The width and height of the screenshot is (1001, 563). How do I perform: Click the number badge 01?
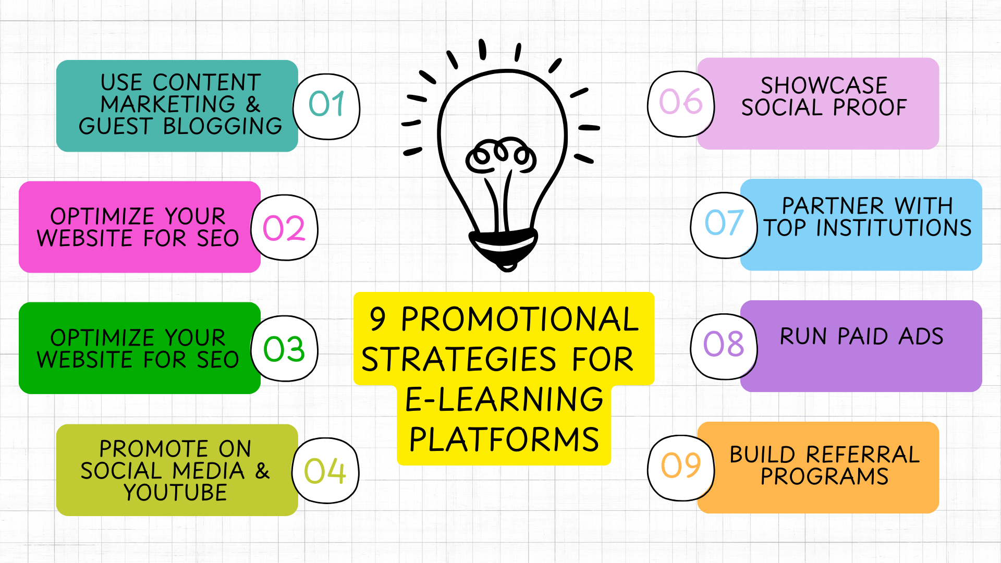(326, 106)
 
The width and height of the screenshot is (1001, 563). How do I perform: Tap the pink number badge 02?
(284, 228)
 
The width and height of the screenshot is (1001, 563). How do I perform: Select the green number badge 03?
(284, 349)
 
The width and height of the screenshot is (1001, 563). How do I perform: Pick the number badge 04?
(325, 471)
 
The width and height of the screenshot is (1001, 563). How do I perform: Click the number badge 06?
(681, 104)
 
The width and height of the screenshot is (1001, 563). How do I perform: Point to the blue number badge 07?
(724, 225)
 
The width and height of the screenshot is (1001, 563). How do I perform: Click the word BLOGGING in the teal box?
(223, 127)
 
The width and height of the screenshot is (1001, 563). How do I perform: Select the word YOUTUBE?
(176, 493)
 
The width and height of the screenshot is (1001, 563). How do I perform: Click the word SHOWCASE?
(824, 85)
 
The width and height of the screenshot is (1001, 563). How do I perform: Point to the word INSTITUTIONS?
(894, 228)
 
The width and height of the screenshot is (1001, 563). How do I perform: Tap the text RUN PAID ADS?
(861, 337)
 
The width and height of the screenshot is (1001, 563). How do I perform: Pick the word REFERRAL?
(863, 455)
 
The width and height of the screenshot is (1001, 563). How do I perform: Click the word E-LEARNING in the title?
(504, 400)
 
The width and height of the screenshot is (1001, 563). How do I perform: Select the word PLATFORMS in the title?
(504, 439)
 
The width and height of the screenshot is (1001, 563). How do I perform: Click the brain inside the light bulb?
(500, 155)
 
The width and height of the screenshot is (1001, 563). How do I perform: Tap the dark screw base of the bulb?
(504, 248)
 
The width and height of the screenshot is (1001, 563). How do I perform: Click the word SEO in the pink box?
(217, 239)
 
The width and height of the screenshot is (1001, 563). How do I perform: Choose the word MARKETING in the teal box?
(168, 105)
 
